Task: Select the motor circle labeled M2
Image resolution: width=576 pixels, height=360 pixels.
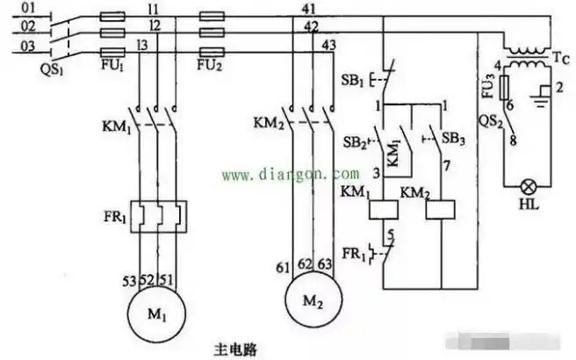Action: coord(309,301)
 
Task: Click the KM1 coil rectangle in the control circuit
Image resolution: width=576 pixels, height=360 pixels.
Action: coord(384,210)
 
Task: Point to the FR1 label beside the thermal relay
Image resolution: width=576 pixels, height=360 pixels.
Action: coord(111,214)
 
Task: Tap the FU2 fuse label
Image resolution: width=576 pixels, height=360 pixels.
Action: coord(210,66)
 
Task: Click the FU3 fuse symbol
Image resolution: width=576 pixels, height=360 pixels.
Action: coord(503,88)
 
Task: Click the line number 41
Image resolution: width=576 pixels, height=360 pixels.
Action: coord(308,10)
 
